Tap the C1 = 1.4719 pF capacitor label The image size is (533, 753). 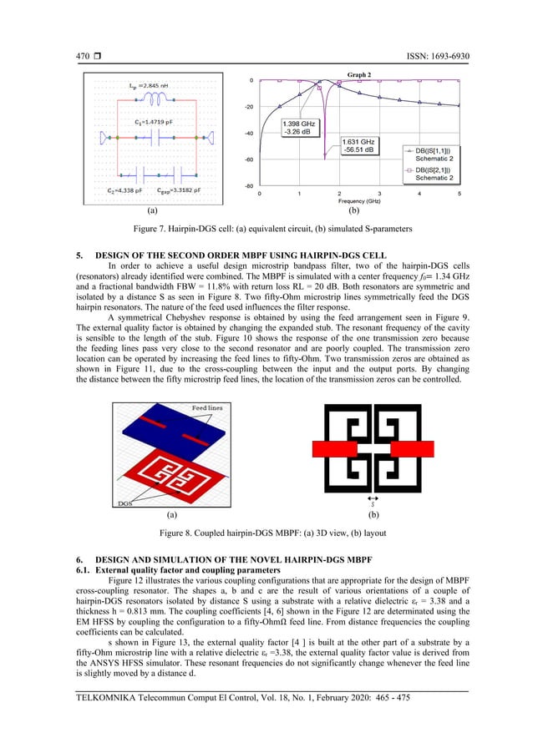click(154, 122)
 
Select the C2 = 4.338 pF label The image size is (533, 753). click(124, 190)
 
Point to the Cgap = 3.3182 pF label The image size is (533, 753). click(179, 190)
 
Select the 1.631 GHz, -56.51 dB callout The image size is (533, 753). click(359, 147)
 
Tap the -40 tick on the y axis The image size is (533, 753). click(249, 134)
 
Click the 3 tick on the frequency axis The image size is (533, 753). click(379, 194)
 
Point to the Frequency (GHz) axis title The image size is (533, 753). click(359, 201)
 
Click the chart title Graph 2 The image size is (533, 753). click(358, 75)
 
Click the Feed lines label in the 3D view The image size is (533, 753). click(206, 407)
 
